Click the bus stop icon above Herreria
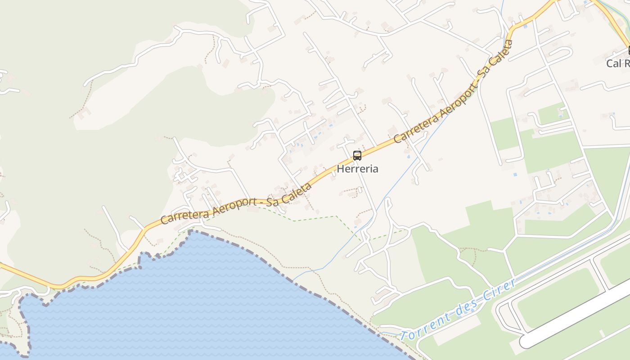click(357, 156)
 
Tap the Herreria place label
click(358, 169)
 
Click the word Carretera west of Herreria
click(180, 215)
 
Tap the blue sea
click(180, 306)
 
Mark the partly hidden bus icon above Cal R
click(628, 50)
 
